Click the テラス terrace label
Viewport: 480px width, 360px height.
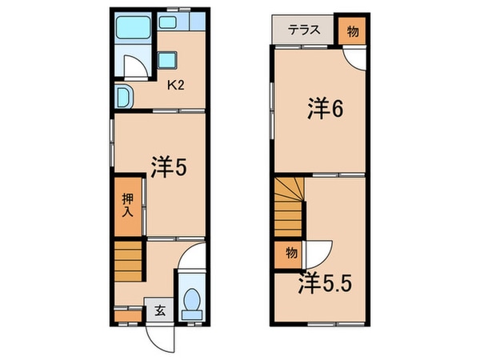click(x=305, y=30)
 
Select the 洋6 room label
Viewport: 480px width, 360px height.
click(x=326, y=110)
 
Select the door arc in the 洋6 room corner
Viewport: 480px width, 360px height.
click(x=356, y=61)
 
